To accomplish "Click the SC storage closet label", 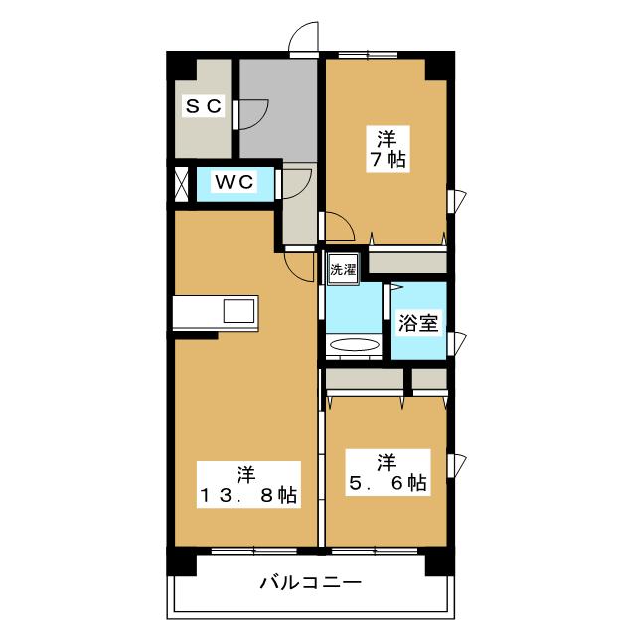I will pos(205,106).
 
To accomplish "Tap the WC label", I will pos(236,182).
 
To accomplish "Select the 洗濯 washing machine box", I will pos(342,268).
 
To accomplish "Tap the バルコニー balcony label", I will pos(310,582).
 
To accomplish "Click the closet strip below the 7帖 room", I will pos(407,264).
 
